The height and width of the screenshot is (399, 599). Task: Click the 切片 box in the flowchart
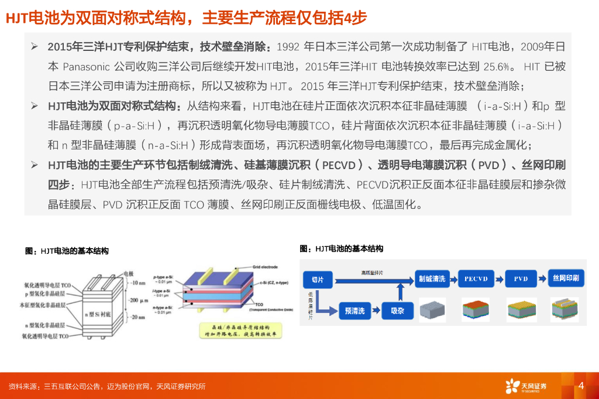(318, 280)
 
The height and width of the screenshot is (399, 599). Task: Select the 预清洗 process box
(354, 311)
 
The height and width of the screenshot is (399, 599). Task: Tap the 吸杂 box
(397, 311)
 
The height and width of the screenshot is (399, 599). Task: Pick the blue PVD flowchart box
(521, 279)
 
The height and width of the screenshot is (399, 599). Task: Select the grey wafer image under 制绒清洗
(432, 310)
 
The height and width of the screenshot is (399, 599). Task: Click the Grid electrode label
(264, 267)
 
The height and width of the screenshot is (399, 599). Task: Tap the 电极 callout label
(128, 273)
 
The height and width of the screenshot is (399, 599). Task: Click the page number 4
(581, 386)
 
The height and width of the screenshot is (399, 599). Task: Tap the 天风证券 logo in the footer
(526, 386)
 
